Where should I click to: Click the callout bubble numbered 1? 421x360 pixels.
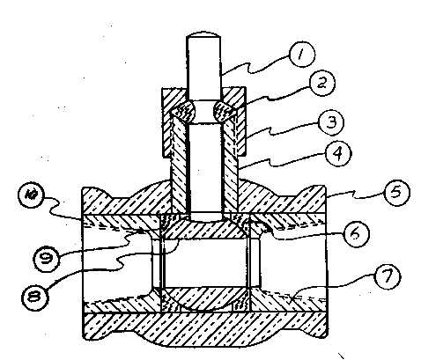point(301,55)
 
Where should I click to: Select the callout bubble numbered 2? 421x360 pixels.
point(322,82)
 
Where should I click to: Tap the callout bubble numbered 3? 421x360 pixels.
point(331,121)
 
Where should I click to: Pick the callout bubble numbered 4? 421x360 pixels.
point(338,154)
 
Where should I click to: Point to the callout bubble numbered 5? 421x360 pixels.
point(397,192)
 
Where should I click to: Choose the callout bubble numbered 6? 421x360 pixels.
point(356,234)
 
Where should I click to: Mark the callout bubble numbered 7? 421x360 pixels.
point(388,276)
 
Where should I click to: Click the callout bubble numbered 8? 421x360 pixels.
point(35,297)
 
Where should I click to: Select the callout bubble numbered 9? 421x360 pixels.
point(47,260)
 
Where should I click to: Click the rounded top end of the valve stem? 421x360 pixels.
point(203,35)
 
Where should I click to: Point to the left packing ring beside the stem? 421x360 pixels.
point(184,111)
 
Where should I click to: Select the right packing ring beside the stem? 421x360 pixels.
point(225,111)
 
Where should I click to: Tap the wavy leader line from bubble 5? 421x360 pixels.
point(355,195)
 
